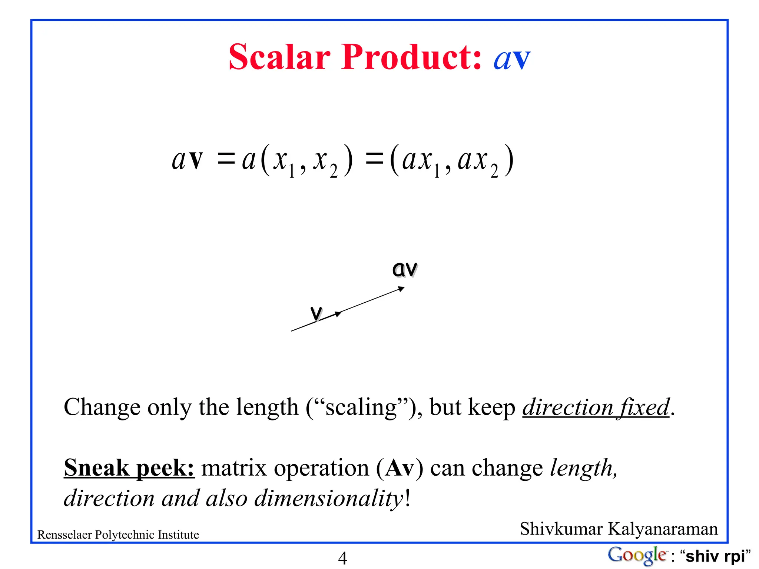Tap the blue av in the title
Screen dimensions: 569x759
512,59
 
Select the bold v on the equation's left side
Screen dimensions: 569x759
196,160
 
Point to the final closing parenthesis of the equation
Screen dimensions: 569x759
510,160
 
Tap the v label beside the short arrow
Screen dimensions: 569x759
316,313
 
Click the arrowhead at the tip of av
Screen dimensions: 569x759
401,289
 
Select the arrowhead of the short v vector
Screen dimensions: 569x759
338,314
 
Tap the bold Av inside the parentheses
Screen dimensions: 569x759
400,468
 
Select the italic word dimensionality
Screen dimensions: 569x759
329,498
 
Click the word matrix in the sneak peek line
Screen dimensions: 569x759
234,468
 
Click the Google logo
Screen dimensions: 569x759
637,555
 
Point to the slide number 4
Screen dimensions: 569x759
342,558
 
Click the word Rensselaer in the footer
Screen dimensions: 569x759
65,535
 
